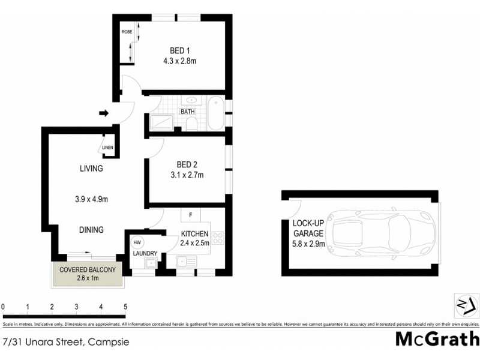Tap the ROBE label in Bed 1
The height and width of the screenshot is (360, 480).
click(x=127, y=31)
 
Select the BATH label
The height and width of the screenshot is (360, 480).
click(x=188, y=111)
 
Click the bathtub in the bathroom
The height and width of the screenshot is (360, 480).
click(x=216, y=112)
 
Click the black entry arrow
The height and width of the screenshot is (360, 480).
click(x=103, y=112)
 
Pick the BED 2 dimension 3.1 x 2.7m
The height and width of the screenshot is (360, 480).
click(x=187, y=175)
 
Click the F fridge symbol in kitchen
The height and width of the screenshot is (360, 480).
click(x=190, y=214)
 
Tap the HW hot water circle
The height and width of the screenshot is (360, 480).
click(x=137, y=242)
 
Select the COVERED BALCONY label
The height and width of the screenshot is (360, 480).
click(x=88, y=270)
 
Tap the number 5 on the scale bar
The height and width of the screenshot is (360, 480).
click(x=125, y=307)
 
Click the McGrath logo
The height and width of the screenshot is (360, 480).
click(x=436, y=338)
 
